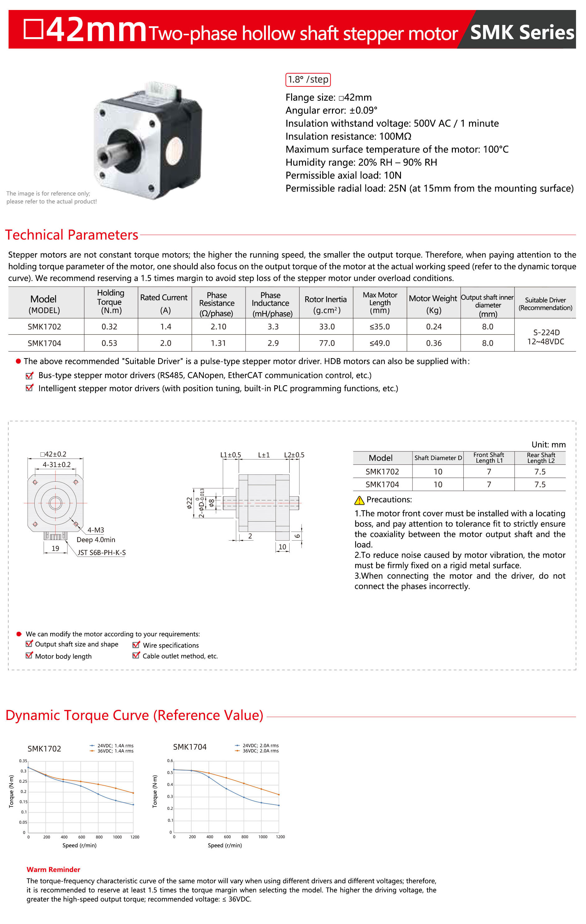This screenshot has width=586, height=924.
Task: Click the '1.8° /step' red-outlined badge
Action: pos(308,80)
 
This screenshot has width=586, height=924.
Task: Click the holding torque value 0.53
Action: pos(110,343)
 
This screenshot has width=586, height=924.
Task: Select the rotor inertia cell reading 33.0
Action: pos(327,327)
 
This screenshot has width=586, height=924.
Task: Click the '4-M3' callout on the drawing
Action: pos(95,530)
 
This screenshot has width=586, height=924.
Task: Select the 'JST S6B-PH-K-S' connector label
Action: pos(102,552)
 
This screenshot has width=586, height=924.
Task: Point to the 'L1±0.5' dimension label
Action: pos(231,455)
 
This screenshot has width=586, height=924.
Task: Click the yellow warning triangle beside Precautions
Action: pos(359,500)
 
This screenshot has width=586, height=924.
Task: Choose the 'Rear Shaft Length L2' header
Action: pos(540,457)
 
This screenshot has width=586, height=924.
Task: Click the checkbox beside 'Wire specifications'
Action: pos(136,645)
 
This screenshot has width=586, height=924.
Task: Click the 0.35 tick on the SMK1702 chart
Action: pos(23,761)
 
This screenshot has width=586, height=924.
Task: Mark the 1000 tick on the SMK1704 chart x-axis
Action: pos(263,837)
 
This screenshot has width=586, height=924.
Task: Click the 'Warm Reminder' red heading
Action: pos(53,869)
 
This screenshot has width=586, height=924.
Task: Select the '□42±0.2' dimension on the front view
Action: pos(53,454)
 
